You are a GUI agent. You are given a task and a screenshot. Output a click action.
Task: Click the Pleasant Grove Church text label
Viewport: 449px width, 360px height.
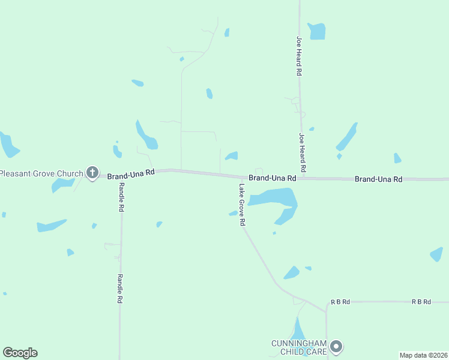[x=41, y=174]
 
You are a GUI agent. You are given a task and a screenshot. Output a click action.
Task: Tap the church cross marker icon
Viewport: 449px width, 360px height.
[x=92, y=173]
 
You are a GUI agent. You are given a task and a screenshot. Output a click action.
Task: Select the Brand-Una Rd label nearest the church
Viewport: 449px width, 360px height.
[x=131, y=173]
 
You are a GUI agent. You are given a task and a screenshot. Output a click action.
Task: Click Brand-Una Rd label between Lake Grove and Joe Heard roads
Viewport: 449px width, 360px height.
[x=273, y=178]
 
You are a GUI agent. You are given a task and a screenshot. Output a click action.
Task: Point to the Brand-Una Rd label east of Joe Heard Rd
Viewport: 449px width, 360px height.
[x=378, y=179]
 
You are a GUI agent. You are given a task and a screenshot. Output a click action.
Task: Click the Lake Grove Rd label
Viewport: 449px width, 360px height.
[x=242, y=205]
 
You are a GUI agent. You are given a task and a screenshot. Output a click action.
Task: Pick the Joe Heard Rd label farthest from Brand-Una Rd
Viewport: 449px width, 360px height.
[x=298, y=55]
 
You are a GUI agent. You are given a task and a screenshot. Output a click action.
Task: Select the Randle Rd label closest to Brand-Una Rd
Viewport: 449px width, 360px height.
[x=121, y=197]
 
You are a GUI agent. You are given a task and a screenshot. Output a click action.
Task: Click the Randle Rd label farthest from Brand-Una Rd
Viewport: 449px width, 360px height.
[x=120, y=289]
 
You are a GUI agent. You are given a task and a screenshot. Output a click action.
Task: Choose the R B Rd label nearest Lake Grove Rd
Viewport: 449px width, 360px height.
[x=340, y=302]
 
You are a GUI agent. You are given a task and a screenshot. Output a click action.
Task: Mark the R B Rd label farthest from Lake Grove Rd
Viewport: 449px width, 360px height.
[x=421, y=302]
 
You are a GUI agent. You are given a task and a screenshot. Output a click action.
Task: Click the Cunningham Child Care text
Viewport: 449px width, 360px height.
[x=298, y=347]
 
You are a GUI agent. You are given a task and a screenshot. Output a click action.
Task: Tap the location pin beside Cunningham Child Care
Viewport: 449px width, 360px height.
[x=337, y=346]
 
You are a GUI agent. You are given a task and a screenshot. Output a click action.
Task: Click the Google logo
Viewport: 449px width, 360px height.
[x=20, y=353]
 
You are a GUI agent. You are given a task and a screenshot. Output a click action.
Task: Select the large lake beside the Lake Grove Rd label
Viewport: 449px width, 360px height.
[x=276, y=200]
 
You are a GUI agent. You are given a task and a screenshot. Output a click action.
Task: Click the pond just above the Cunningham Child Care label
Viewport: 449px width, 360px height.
[x=298, y=329]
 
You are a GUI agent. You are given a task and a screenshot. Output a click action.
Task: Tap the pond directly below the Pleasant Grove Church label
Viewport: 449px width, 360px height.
[x=62, y=185]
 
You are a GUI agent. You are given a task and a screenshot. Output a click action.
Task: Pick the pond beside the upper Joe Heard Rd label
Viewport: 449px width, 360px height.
[x=316, y=31]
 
